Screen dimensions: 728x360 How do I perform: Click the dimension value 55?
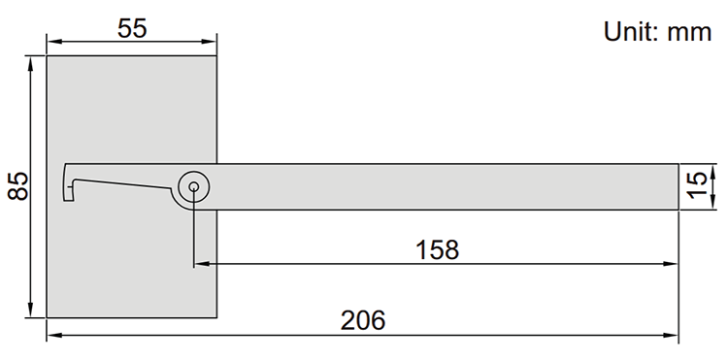click(132, 29)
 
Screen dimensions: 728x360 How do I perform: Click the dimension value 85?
click(17, 185)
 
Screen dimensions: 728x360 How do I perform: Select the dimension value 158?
click(437, 249)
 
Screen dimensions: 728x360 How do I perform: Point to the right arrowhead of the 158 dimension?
click(671, 263)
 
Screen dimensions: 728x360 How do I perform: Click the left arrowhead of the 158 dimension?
click(201, 263)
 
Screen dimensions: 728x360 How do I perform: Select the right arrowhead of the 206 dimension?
click(671, 335)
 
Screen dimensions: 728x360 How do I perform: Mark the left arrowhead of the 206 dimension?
click(53, 335)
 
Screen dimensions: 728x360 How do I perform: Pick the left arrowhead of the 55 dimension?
click(53, 42)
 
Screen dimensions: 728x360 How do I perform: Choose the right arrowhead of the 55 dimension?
click(211, 42)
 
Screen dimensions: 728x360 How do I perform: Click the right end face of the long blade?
click(678, 185)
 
